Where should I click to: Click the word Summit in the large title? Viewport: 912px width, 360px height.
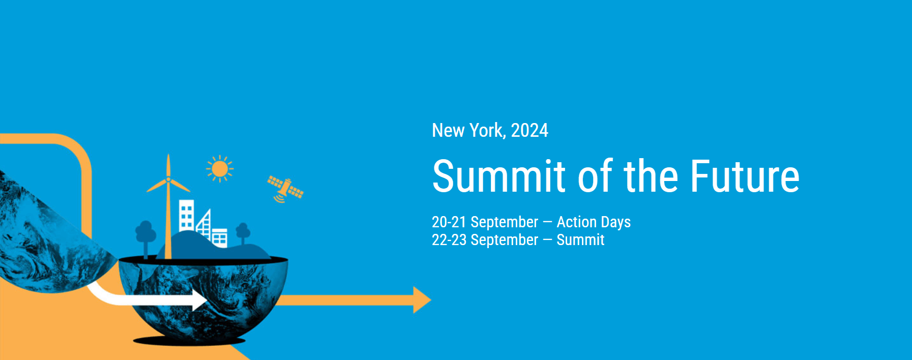(499, 176)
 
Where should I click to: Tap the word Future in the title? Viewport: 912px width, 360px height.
(745, 176)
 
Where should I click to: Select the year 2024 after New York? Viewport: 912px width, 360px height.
(529, 131)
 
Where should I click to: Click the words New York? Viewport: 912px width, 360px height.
(468, 131)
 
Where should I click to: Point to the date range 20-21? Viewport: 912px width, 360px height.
(449, 222)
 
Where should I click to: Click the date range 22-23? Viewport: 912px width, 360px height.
(449, 240)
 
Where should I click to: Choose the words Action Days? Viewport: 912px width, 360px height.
(594, 223)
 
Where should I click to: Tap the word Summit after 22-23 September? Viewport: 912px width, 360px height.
(580, 240)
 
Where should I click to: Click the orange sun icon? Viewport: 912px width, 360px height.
(220, 169)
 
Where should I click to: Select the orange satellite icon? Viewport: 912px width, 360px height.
(285, 189)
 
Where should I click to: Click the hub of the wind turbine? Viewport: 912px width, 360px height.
(168, 179)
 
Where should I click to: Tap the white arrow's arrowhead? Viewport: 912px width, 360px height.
(199, 300)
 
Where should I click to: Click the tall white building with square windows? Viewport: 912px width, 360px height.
(186, 217)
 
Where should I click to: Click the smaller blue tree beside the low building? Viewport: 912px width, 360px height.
(243, 234)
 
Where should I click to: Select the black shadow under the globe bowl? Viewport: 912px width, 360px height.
(189, 341)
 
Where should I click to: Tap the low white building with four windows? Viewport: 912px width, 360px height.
(219, 238)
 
